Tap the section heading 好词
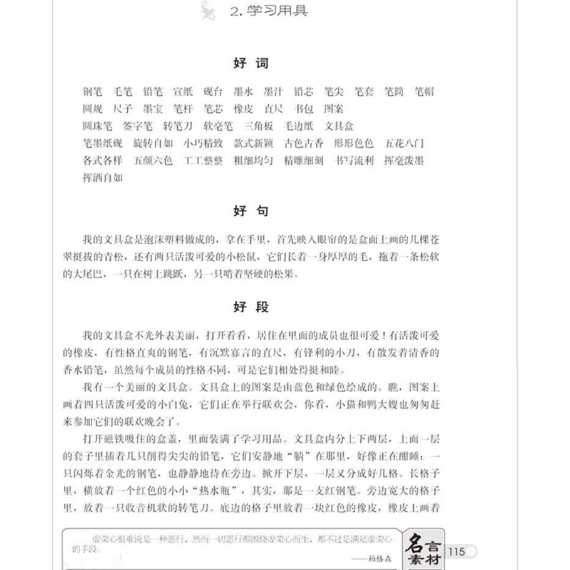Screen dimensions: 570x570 pos(251,63)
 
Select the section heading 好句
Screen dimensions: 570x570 pos(251,212)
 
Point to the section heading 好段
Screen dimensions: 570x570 pos(251,307)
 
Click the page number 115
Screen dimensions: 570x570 pos(456,551)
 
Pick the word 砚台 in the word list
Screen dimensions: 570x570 pos(213,92)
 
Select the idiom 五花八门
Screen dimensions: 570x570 pos(404,144)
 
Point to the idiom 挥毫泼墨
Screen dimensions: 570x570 pos(404,161)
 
